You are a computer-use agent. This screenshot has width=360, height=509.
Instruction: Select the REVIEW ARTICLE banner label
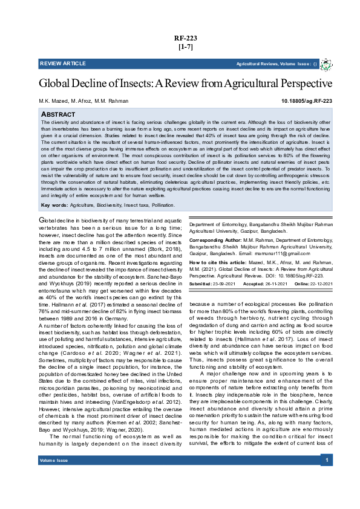[63, 63]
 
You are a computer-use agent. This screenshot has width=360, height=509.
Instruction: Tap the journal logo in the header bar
[326, 63]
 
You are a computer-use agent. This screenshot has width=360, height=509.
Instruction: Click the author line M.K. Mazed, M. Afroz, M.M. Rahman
[84, 102]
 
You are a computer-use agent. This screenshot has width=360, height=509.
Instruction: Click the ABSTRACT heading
[58, 114]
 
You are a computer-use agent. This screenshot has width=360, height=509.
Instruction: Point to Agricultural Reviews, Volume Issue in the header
[273, 63]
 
